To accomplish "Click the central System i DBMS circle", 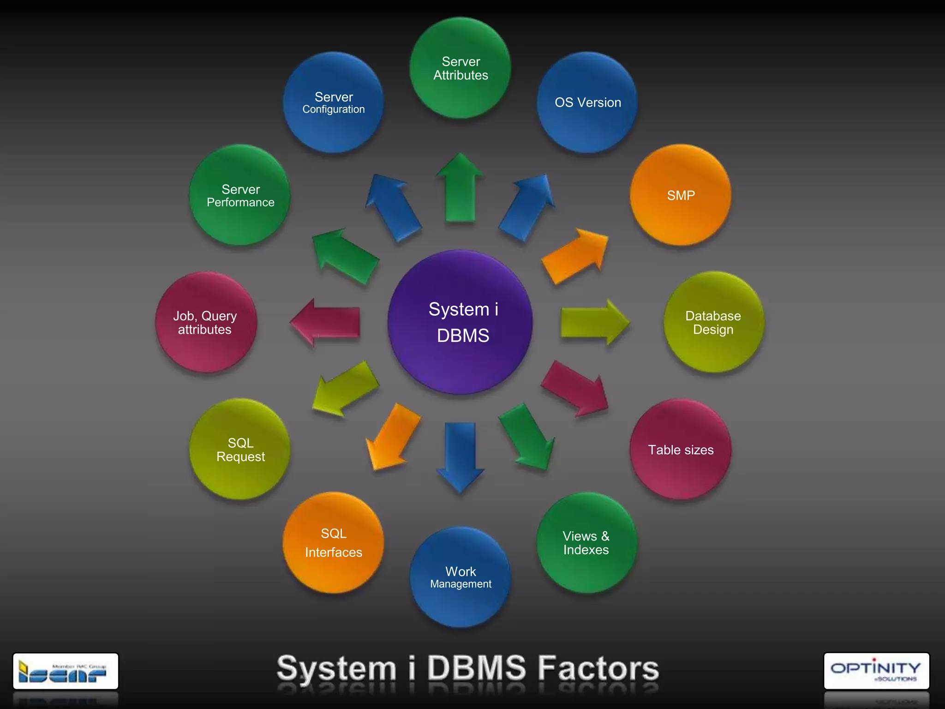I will [x=461, y=322].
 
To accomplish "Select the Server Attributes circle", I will [x=461, y=68].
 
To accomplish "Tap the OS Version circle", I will [x=587, y=102].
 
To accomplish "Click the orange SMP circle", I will [x=681, y=195].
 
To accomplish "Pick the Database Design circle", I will [x=713, y=322].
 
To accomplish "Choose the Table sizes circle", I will [x=681, y=450].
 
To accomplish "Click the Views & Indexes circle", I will [x=586, y=543].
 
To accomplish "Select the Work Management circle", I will [x=461, y=577].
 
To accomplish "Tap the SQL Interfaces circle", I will [x=333, y=543].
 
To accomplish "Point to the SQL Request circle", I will [x=240, y=450].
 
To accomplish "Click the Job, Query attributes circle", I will [x=206, y=322].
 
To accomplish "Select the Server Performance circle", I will [x=240, y=195].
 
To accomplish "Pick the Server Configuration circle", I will [x=333, y=102].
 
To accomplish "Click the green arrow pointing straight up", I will [x=460, y=189].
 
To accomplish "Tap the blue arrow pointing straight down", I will [x=460, y=455].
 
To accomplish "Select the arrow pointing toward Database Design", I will [x=593, y=322].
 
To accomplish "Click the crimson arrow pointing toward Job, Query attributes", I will [x=327, y=322].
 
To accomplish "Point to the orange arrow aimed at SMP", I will [x=574, y=256].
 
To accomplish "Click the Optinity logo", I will [x=876, y=671].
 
